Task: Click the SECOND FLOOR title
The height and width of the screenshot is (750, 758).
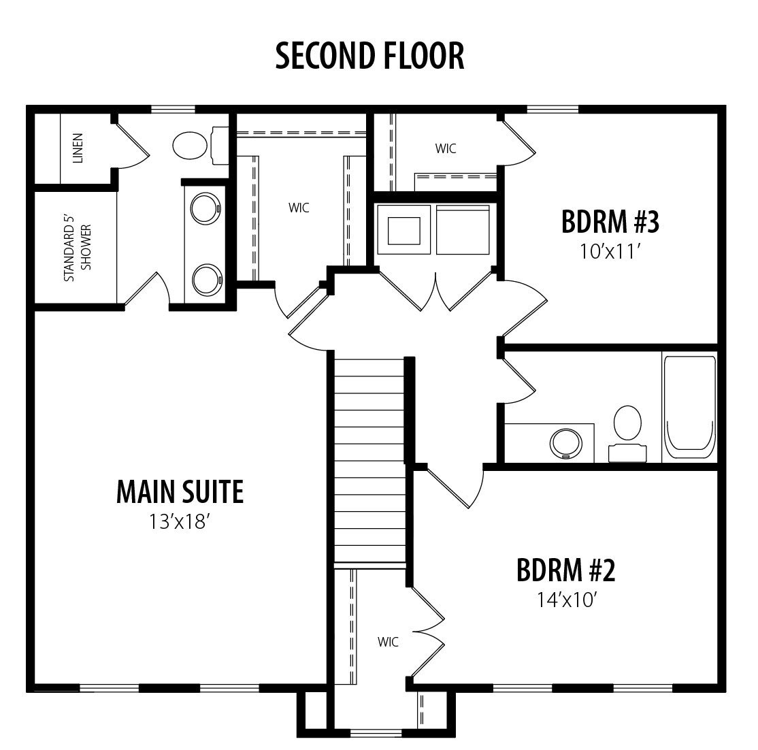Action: point(370,56)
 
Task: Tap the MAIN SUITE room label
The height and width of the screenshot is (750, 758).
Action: point(180,492)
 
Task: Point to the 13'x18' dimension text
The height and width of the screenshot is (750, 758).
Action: point(180,522)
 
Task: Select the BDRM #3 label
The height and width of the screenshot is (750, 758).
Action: point(610,221)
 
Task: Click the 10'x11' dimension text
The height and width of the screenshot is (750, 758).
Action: point(610,251)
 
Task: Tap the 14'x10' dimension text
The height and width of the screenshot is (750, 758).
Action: point(566,600)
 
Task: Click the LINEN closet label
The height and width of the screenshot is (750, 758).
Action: point(78,148)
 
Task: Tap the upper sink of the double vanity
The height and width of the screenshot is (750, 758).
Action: point(205,208)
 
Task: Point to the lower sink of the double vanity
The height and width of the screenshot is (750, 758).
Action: point(206,280)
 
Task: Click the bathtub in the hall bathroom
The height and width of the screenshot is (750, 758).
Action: point(689,407)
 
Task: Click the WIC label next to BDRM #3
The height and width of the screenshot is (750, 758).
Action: point(445,148)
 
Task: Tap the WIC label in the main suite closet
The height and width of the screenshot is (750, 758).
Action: point(299,208)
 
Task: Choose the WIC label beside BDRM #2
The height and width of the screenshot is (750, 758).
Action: point(388,642)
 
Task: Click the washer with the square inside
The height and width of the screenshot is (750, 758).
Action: point(403,229)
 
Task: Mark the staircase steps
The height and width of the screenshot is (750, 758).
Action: point(370,460)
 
